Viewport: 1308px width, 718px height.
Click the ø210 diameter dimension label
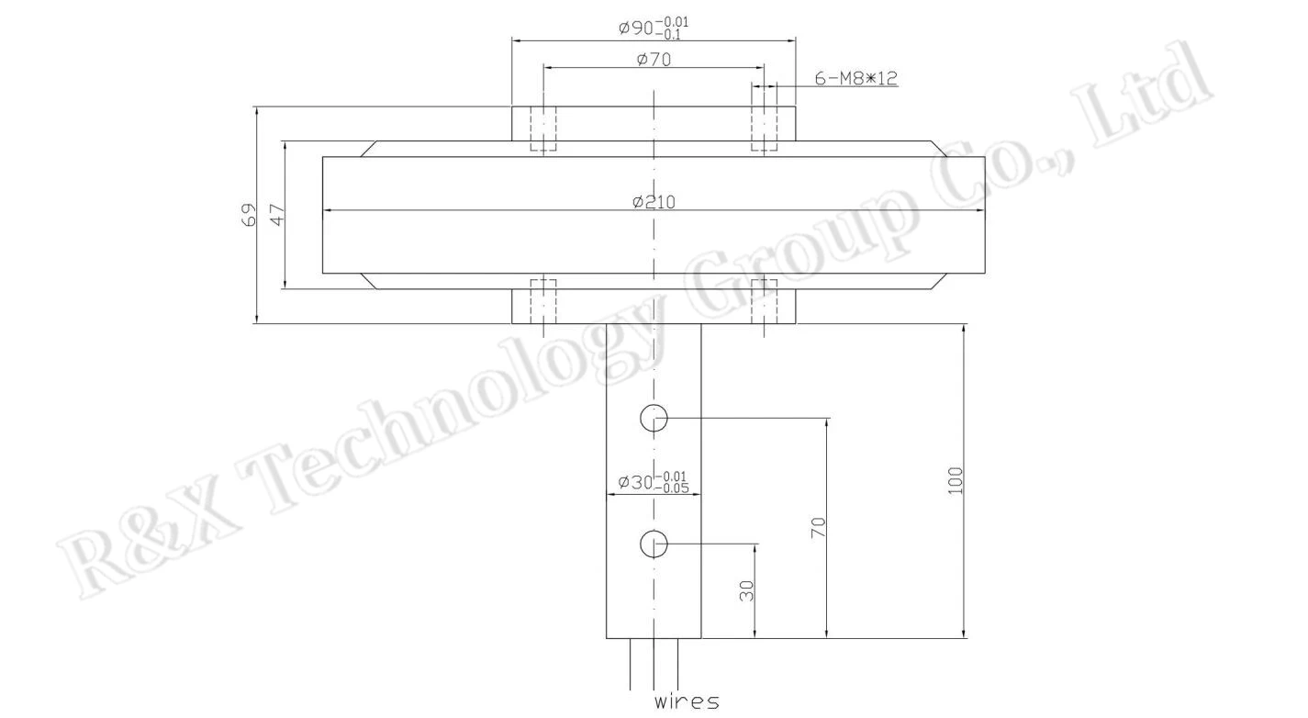click(x=654, y=202)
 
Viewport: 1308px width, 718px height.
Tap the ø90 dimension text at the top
click(x=654, y=28)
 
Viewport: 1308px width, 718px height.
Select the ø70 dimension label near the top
click(x=654, y=60)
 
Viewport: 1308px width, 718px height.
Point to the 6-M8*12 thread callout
click(x=856, y=78)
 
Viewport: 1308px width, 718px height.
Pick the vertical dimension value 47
click(x=277, y=215)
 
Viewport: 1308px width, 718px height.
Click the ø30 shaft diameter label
click(x=654, y=483)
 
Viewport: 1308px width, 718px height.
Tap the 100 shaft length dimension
click(x=954, y=481)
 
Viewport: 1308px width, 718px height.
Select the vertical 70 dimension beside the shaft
click(x=818, y=528)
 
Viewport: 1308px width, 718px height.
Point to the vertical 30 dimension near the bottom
click(x=746, y=590)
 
